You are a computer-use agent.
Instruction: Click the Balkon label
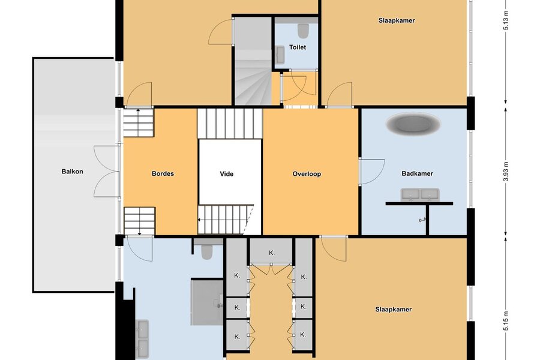pyautogui.click(x=73, y=171)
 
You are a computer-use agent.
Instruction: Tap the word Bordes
pyautogui.click(x=163, y=173)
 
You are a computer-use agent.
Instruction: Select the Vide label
pyautogui.click(x=227, y=174)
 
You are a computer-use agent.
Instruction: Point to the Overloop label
pyautogui.click(x=307, y=174)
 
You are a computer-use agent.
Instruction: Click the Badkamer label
pyautogui.click(x=417, y=173)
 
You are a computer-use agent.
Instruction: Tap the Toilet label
pyautogui.click(x=298, y=47)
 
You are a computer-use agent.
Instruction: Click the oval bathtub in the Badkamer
pyautogui.click(x=413, y=124)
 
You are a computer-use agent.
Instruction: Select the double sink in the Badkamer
pyautogui.click(x=420, y=194)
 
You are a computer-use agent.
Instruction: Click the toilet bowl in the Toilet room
pyautogui.click(x=303, y=31)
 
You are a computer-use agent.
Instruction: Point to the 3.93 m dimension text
pyautogui.click(x=506, y=172)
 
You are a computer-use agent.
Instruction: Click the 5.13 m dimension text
pyautogui.click(x=506, y=20)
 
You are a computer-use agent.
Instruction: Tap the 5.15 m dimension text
pyautogui.click(x=506, y=321)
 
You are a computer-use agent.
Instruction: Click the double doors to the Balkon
pyautogui.click(x=107, y=172)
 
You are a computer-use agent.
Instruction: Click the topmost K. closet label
pyautogui.click(x=272, y=253)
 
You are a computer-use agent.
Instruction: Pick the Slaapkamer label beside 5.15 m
pyautogui.click(x=393, y=310)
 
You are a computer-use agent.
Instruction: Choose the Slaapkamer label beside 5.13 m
pyautogui.click(x=397, y=20)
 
